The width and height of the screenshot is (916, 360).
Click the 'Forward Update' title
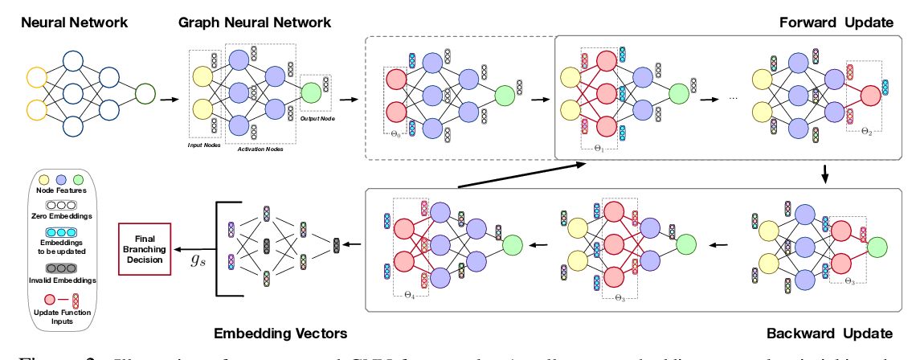[x=836, y=23]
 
